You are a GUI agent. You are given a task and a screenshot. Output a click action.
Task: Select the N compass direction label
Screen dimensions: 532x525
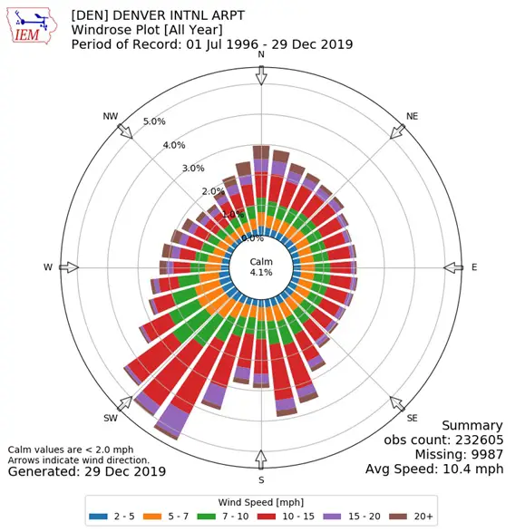pos(261,55)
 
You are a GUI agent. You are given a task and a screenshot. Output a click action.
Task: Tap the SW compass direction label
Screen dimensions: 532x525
pos(111,418)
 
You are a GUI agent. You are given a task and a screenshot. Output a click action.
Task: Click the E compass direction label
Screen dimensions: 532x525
pos(473,267)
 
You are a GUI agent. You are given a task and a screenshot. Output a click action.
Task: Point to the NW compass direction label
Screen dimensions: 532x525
pos(111,116)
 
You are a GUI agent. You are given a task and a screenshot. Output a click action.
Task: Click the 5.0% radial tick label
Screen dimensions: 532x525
pos(155,121)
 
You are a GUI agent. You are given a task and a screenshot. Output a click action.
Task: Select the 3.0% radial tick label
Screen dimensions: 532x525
pos(192,168)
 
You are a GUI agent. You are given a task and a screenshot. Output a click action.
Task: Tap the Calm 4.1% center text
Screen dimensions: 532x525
pos(261,267)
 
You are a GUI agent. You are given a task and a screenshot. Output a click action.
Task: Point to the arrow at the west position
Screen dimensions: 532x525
pos(69,267)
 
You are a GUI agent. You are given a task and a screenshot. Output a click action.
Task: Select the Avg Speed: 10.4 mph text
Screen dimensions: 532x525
pos(433,469)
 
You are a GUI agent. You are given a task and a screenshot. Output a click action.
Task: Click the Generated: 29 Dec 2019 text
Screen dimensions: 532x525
pos(87,471)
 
